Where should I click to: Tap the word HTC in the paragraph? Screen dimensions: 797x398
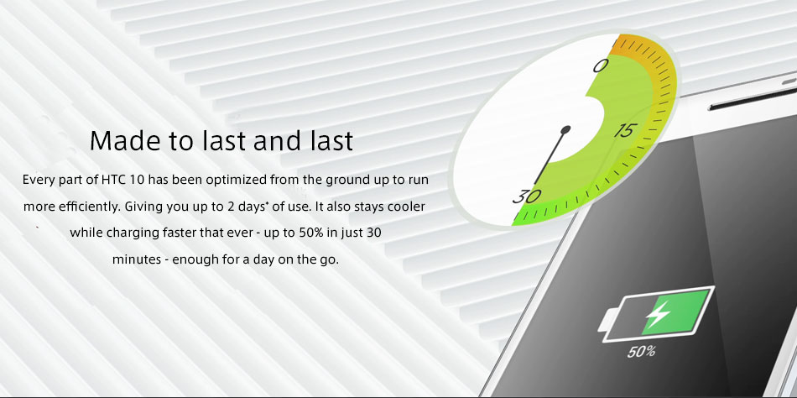click(113, 181)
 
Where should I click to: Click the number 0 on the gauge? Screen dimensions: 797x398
click(601, 65)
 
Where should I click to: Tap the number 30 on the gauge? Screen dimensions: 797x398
click(527, 196)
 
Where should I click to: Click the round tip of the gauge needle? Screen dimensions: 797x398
click(565, 130)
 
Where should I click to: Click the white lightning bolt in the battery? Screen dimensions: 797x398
click(658, 315)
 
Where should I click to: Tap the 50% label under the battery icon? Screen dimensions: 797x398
click(641, 351)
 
